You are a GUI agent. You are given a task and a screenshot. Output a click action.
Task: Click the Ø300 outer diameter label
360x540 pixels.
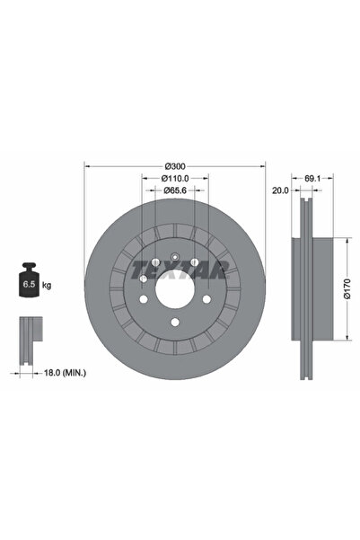tap(175, 165)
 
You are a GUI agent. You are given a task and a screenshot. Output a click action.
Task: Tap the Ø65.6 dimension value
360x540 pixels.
tap(175, 191)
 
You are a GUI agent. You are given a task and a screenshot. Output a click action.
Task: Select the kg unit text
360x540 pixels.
tap(47, 285)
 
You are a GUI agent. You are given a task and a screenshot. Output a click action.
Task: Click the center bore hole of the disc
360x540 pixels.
tap(175, 288)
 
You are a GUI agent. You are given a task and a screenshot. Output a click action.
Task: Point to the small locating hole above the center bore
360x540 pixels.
tap(175, 254)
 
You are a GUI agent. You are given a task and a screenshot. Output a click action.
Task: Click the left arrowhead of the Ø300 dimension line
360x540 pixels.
tap(86, 165)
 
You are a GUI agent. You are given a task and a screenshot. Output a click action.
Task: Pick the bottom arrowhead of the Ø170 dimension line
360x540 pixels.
tap(344, 340)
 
